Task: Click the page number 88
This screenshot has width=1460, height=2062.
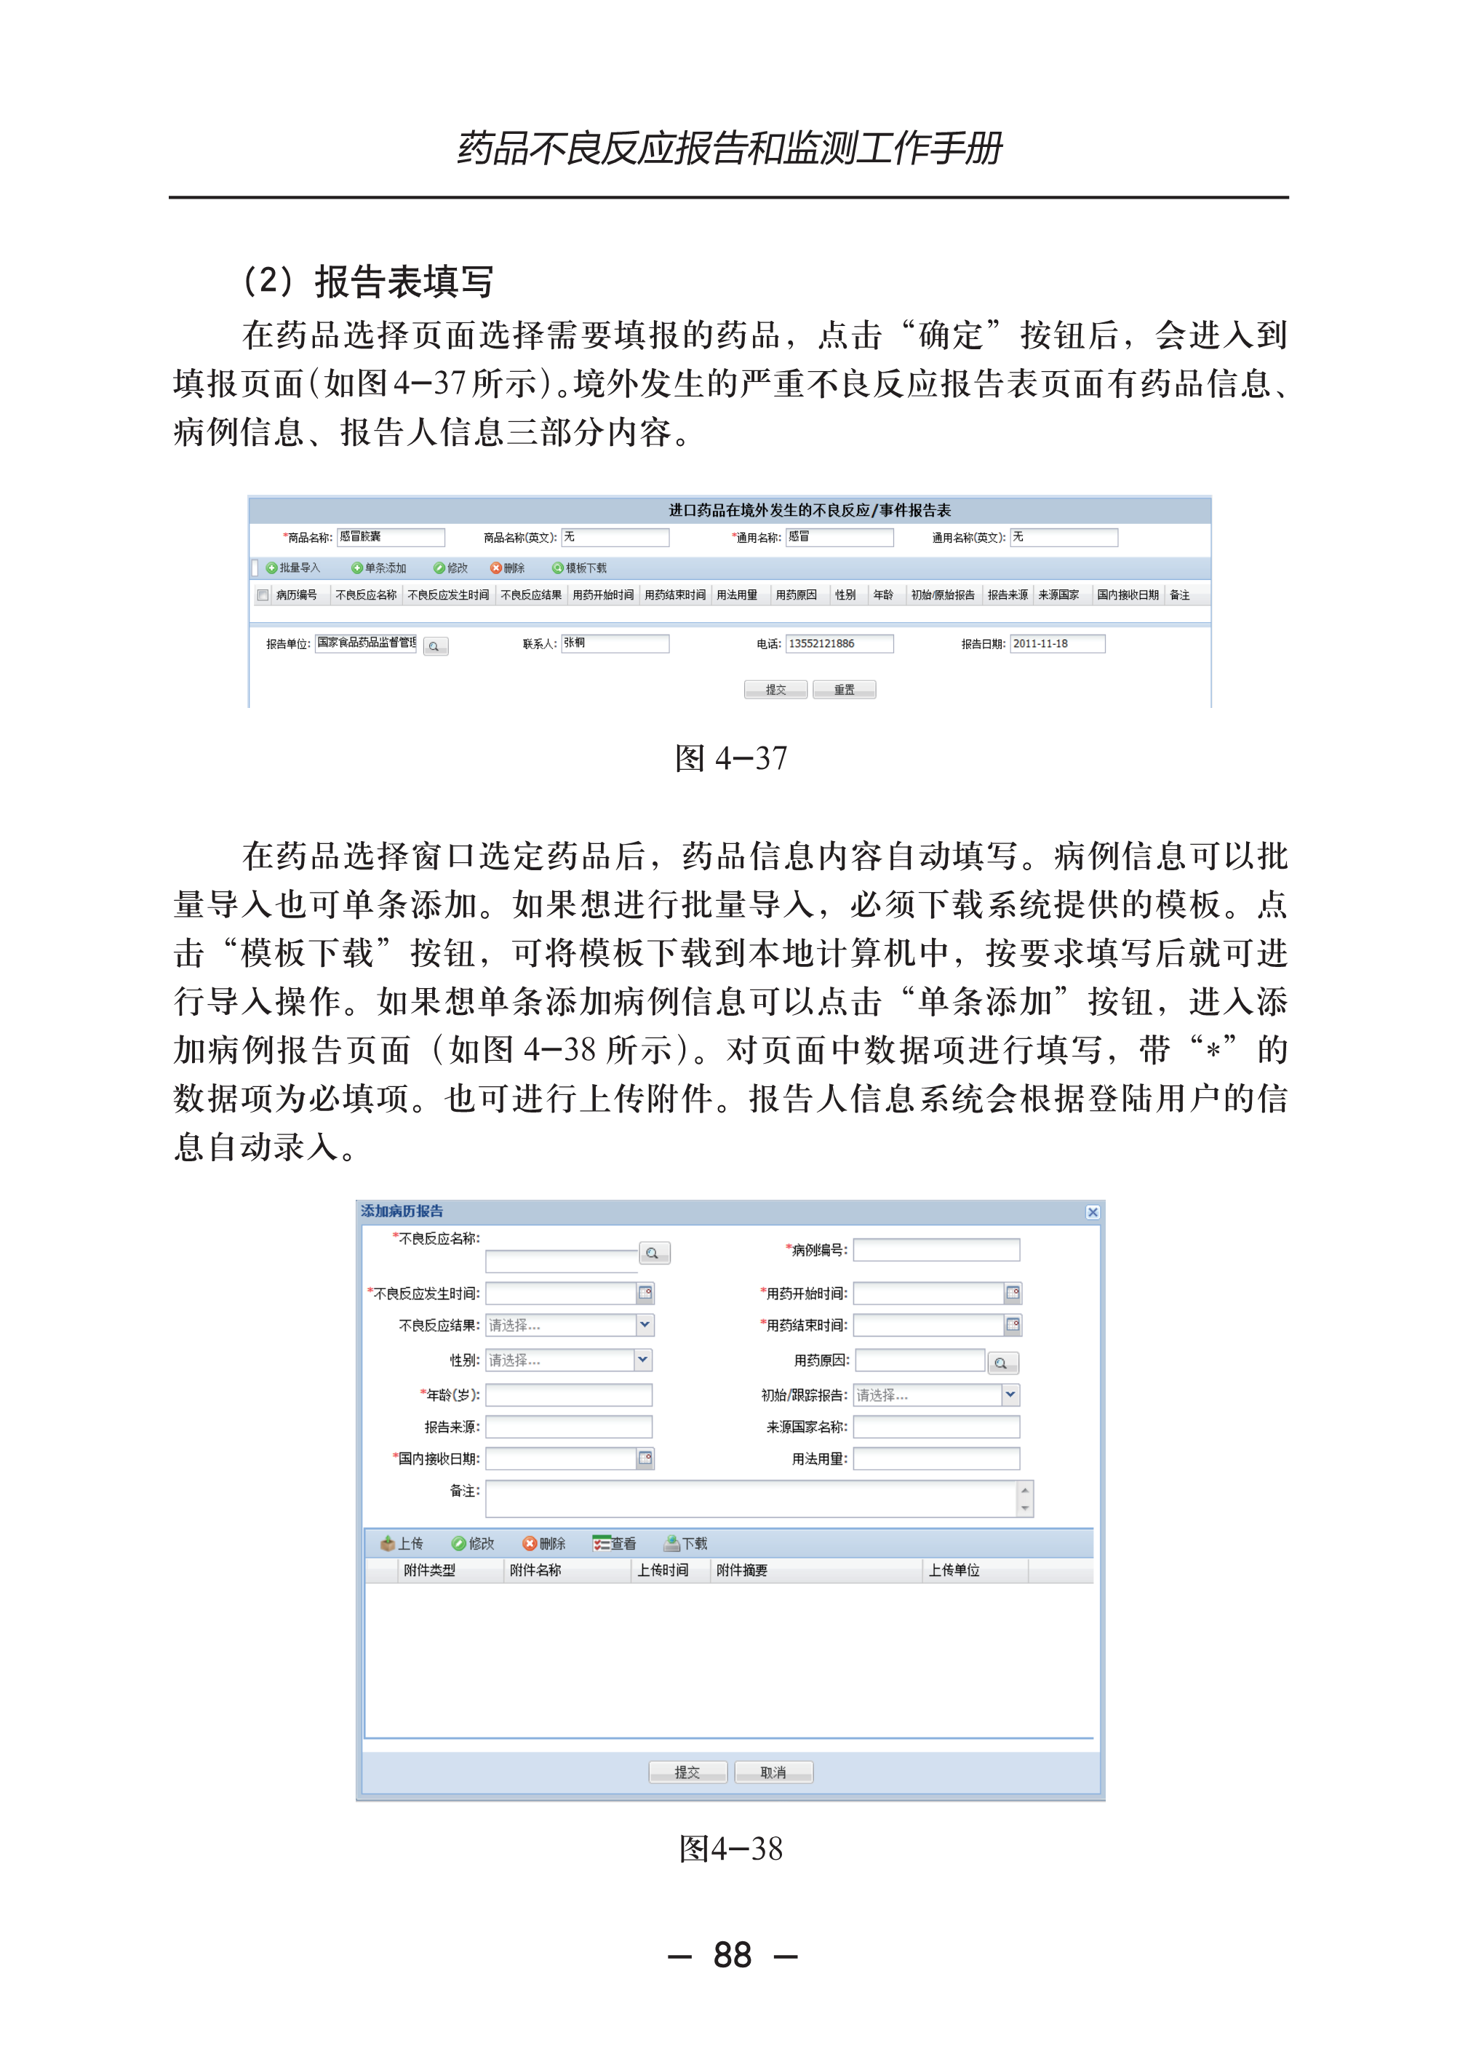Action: tap(732, 1955)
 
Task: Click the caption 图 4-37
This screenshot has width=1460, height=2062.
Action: tap(730, 758)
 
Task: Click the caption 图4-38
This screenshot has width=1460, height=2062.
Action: tap(730, 1849)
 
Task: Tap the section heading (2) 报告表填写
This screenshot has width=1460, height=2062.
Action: tap(369, 282)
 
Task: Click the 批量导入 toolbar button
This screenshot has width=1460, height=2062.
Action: tap(293, 568)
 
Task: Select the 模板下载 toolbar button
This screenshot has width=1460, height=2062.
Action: tap(580, 568)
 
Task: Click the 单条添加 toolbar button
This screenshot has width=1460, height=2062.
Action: tap(380, 568)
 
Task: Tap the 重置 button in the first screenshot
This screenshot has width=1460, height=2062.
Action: tap(843, 690)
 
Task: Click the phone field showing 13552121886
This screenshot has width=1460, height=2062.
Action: tap(839, 644)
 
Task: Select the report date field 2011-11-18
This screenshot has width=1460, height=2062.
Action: tap(1056, 644)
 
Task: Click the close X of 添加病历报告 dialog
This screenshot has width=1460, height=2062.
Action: tap(1093, 1212)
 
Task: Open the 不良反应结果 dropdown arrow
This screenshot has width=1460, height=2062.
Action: tap(645, 1325)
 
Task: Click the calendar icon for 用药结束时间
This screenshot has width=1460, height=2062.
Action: tap(1013, 1325)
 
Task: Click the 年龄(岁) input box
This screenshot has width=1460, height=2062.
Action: tap(568, 1395)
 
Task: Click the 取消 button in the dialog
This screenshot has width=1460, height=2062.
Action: tap(773, 1772)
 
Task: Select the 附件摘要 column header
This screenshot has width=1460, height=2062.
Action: tap(742, 1570)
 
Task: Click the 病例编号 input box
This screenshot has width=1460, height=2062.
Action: tap(936, 1250)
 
